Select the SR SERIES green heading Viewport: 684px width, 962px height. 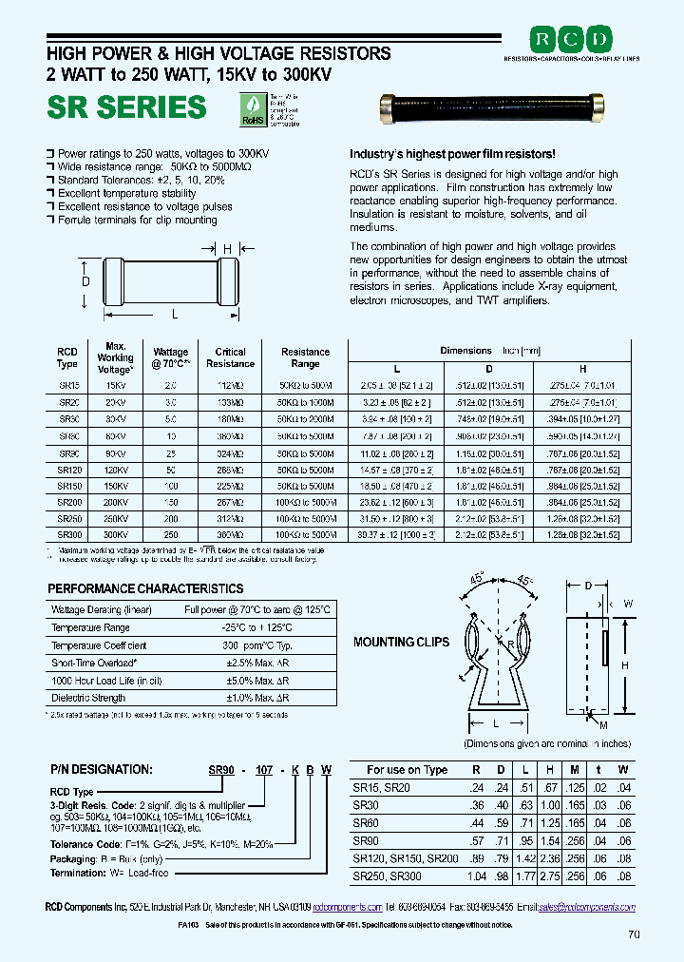tap(126, 107)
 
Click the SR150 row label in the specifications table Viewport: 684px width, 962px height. tap(69, 485)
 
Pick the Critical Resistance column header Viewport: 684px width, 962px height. tap(230, 357)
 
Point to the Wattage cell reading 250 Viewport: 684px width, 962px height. tap(171, 535)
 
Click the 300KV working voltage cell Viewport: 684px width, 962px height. tap(115, 535)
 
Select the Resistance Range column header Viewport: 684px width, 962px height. tap(305, 357)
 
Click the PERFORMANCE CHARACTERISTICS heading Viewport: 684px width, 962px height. tap(145, 588)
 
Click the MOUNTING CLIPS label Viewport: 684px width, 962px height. tap(401, 642)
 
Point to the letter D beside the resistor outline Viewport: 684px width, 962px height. tap(85, 282)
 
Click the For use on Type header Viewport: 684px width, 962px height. tap(407, 770)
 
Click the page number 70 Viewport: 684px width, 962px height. tap(635, 934)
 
